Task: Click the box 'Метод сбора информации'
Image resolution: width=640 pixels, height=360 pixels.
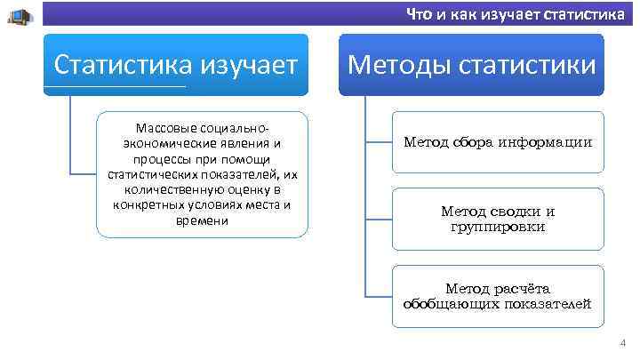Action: pos(497,142)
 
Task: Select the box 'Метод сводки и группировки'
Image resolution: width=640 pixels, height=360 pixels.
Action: pos(497,219)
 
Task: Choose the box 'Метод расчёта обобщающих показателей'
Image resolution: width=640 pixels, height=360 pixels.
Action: pos(497,295)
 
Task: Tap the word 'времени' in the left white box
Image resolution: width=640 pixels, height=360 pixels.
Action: pos(203,220)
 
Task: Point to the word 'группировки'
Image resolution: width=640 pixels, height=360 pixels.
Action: pos(498,227)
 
